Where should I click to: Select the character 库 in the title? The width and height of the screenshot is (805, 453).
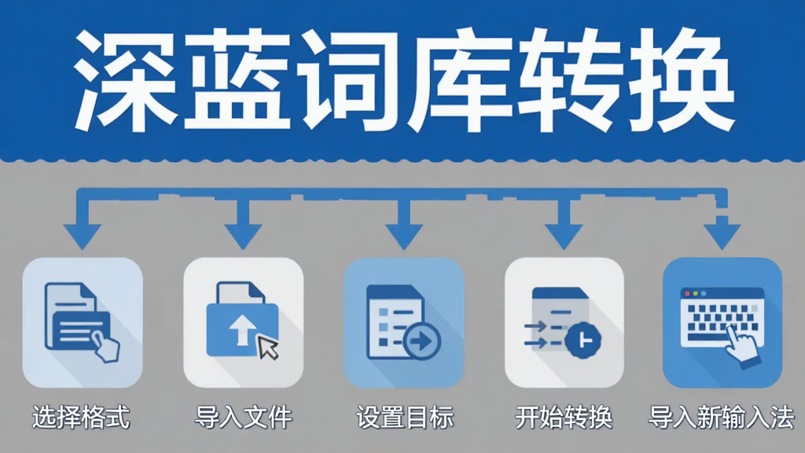[460, 81]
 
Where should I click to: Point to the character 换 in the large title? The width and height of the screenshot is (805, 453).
[682, 81]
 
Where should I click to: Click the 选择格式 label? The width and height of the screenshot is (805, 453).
[81, 417]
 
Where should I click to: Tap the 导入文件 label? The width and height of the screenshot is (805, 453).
[244, 417]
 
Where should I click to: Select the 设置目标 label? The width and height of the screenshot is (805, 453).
[405, 417]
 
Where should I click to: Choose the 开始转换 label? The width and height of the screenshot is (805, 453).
[564, 417]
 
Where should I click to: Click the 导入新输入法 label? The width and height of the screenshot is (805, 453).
[722, 417]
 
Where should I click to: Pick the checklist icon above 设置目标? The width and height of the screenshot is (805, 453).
[404, 322]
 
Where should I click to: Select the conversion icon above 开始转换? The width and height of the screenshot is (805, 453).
[564, 322]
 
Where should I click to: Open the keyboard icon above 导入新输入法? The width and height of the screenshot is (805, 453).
[722, 322]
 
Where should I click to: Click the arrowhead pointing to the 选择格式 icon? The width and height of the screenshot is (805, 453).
[82, 236]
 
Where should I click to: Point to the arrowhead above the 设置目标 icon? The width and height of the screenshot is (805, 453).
[404, 236]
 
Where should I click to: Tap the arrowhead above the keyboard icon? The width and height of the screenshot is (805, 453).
[722, 236]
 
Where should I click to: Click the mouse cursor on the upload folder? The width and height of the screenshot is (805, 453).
[267, 347]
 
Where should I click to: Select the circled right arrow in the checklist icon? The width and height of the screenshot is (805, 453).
[422, 341]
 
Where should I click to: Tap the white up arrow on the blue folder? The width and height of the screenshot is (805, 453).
[242, 330]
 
